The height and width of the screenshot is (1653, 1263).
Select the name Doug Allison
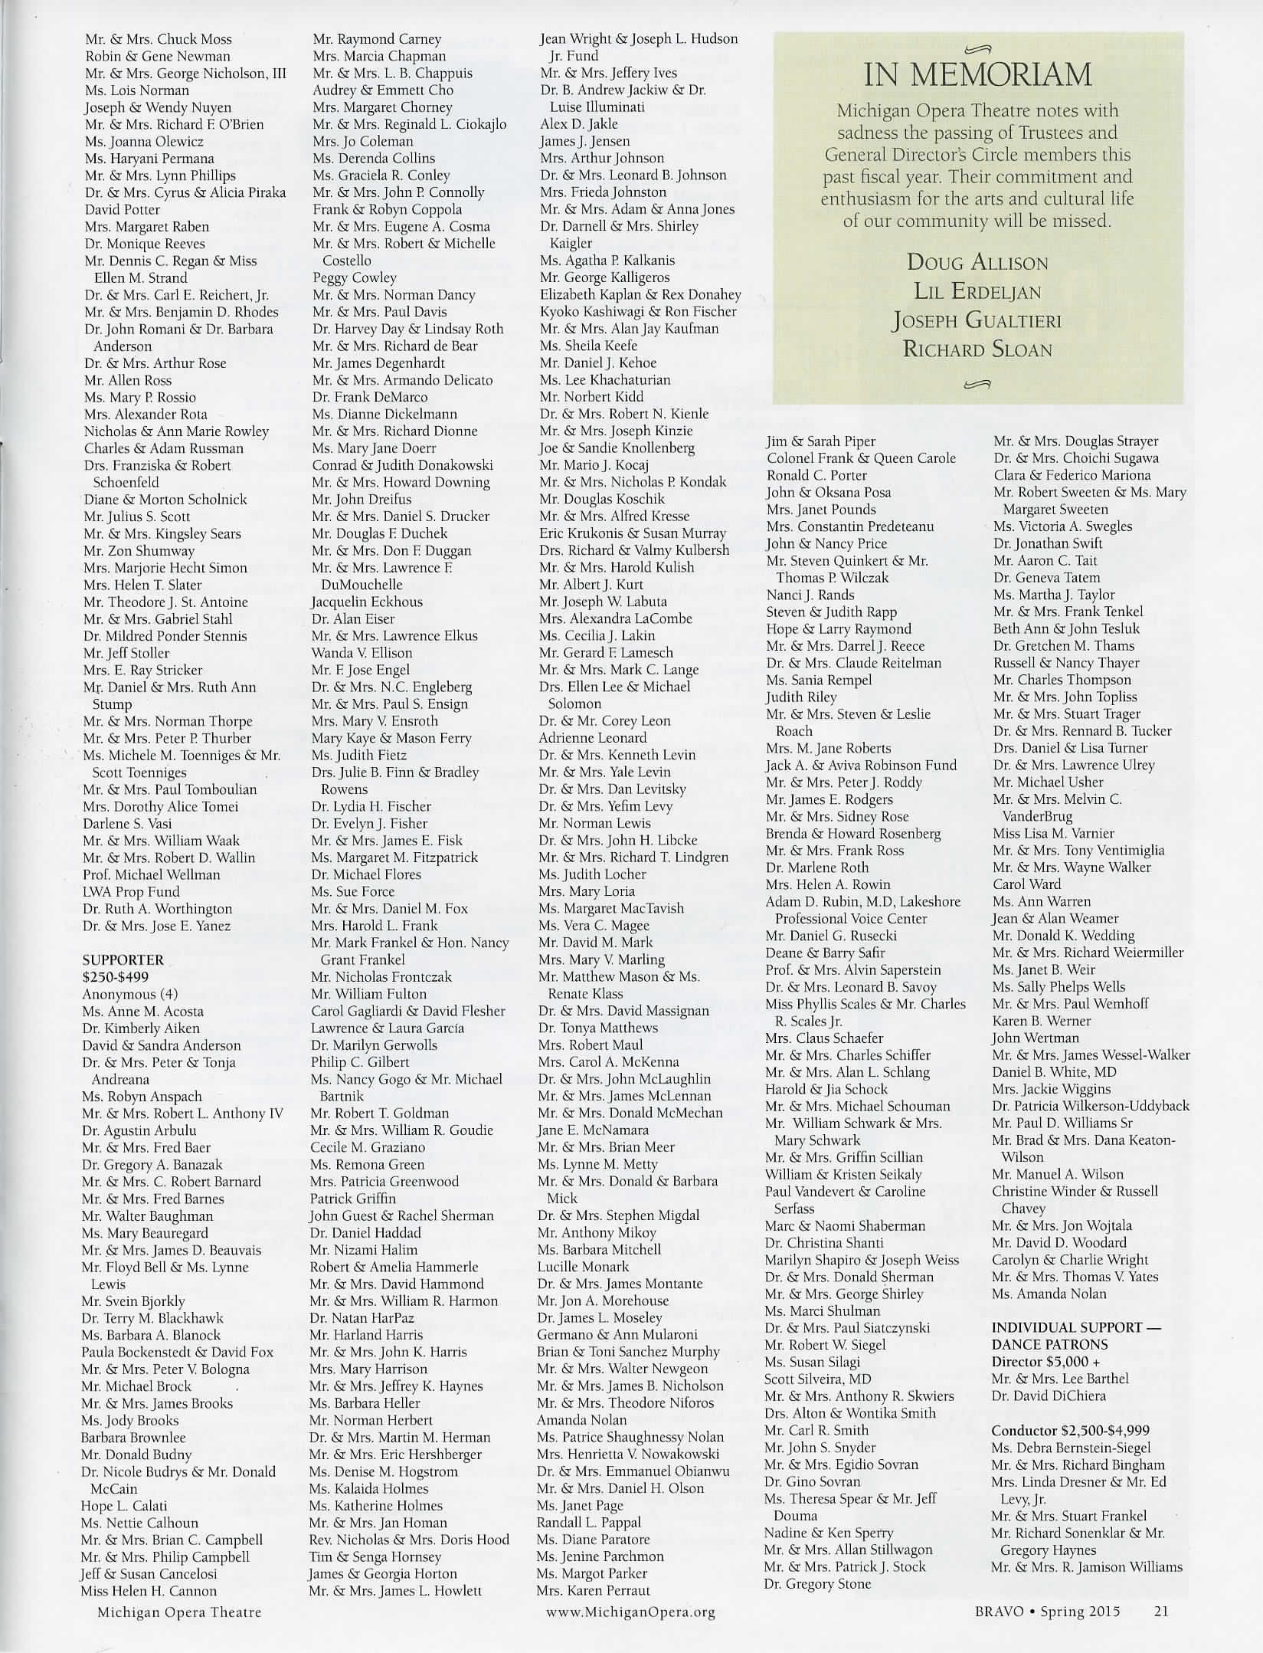pos(977,263)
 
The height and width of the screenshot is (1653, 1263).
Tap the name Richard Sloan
pos(977,349)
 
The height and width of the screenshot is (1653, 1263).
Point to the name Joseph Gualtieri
pos(977,320)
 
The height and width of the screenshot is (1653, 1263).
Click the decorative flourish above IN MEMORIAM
pos(977,50)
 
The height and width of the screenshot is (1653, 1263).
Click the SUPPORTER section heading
pos(123,959)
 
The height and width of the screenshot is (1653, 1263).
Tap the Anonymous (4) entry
pos(130,994)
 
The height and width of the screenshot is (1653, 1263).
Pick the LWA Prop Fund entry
pos(131,891)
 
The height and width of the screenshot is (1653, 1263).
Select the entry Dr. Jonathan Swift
pos(1048,543)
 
